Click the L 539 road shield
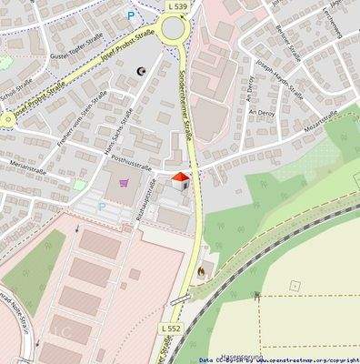pos(178,5)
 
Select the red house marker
pos(180,178)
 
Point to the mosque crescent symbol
pos(141,70)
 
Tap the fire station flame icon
pos(201,270)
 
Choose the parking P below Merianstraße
pos(102,207)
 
